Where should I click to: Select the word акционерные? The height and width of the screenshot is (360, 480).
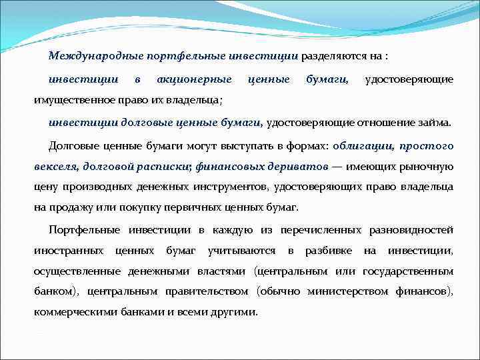pos(194,79)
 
